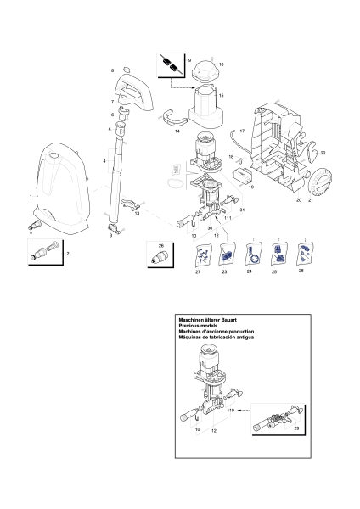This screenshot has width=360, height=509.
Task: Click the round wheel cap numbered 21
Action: tap(322, 185)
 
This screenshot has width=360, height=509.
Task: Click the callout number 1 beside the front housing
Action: tap(31, 196)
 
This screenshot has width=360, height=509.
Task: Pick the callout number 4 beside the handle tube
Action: tap(104, 160)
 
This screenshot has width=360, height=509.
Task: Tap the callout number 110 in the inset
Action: tap(230, 410)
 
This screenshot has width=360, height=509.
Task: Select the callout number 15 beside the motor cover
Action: tap(222, 96)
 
